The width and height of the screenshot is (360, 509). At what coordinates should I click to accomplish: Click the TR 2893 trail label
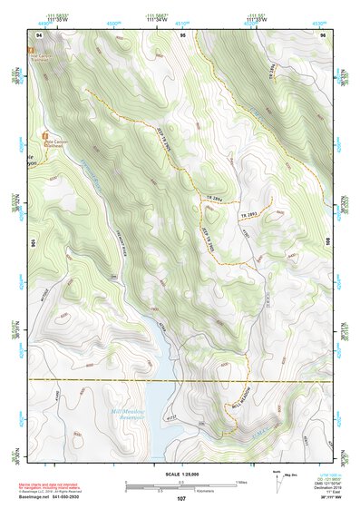point(250,214)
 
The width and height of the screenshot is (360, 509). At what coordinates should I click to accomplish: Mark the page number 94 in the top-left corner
point(39,34)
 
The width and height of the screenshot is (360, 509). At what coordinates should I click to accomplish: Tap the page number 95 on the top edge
point(182,34)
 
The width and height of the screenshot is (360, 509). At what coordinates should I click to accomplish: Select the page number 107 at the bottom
point(181,498)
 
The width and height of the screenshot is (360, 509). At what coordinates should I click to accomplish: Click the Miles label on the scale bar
point(241,481)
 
